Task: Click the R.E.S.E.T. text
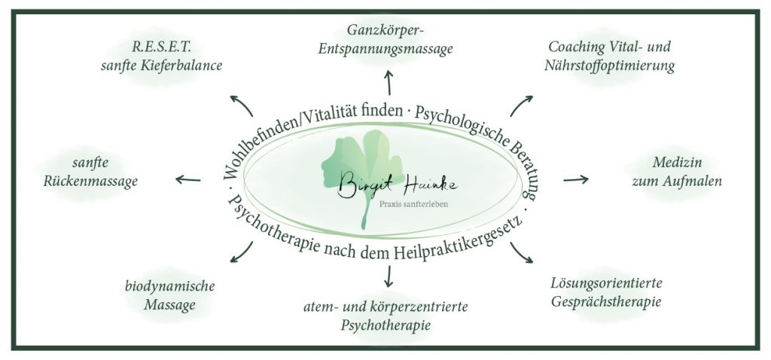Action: pyautogui.click(x=160, y=47)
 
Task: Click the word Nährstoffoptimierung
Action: pyautogui.click(x=611, y=66)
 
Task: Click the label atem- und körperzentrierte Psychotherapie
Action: pyautogui.click(x=385, y=316)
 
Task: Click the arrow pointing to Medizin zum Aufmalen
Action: pyautogui.click(x=576, y=179)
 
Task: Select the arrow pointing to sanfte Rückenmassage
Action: pyautogui.click(x=188, y=179)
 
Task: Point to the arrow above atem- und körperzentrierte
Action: pyautogui.click(x=389, y=276)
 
